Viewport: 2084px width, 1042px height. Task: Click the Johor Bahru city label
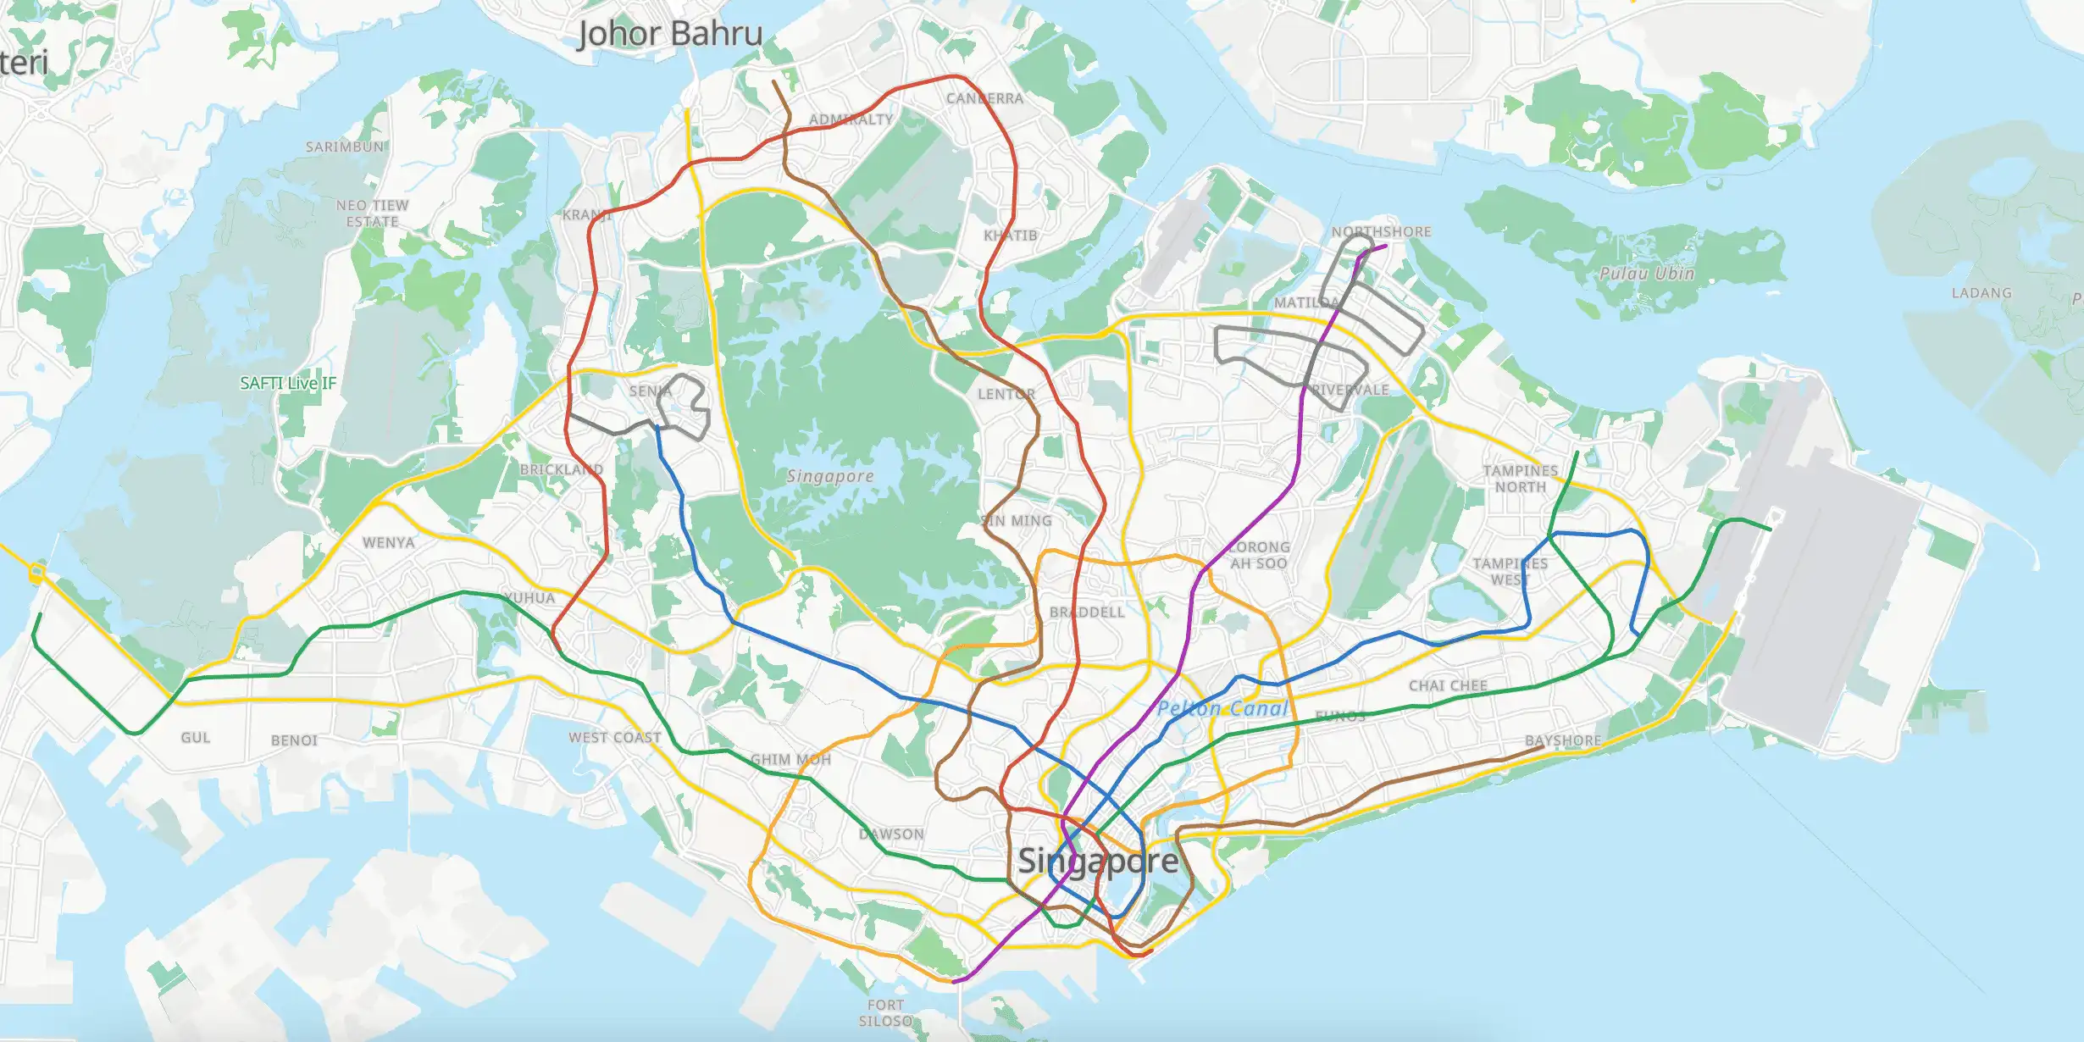(x=670, y=35)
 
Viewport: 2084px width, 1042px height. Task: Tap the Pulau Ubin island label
(x=1646, y=274)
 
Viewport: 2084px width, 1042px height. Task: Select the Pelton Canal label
(x=1222, y=709)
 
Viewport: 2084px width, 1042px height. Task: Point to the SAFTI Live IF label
(x=288, y=383)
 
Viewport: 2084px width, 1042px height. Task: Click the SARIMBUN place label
(x=345, y=147)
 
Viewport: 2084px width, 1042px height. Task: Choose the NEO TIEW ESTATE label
(x=372, y=213)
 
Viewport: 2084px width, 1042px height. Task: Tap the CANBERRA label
(x=984, y=99)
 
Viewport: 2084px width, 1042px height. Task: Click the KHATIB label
(x=1010, y=236)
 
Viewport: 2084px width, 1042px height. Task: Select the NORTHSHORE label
(x=1381, y=231)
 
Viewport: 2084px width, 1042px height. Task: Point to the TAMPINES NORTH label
(x=1520, y=479)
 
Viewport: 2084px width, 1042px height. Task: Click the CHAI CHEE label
(x=1448, y=685)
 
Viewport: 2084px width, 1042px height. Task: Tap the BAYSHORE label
(x=1563, y=740)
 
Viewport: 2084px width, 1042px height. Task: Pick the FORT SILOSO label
(x=885, y=1013)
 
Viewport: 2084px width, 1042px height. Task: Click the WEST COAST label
(x=615, y=738)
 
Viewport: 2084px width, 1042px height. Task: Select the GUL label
(x=195, y=738)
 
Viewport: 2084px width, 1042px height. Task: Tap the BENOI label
(x=294, y=740)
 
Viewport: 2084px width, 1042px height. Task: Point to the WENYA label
(x=389, y=542)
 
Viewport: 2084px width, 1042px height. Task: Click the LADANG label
(x=1981, y=293)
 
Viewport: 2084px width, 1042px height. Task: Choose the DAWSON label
(x=891, y=834)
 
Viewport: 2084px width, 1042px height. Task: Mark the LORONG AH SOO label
(x=1259, y=555)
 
